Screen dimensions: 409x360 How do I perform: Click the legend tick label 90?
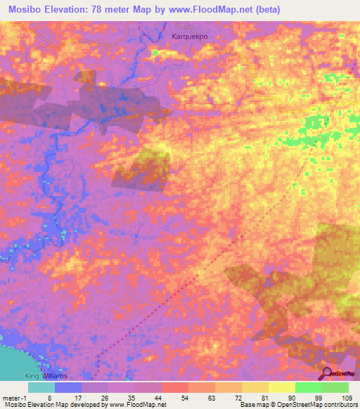(x=295, y=397)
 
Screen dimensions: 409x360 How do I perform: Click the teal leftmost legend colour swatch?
(x=41, y=387)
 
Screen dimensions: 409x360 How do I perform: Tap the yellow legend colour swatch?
(x=281, y=387)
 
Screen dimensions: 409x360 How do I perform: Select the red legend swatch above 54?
(x=174, y=387)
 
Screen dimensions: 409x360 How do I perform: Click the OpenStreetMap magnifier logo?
(x=326, y=373)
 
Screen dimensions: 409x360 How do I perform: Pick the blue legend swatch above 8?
(x=68, y=387)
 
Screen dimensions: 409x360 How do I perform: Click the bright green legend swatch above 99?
(x=308, y=387)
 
